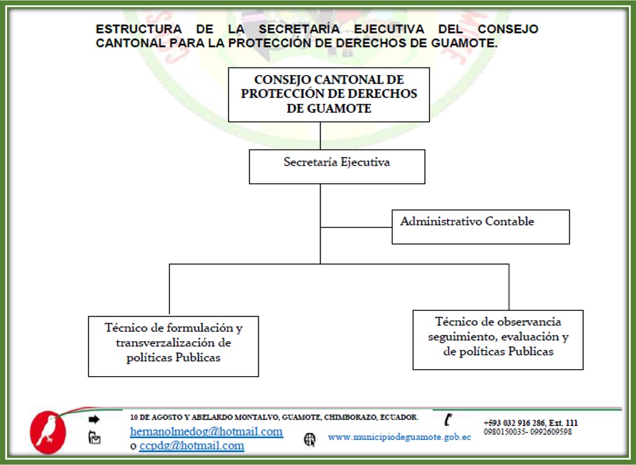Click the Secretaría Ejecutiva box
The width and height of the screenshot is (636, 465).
coord(337,166)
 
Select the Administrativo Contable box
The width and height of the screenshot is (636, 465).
coord(481,227)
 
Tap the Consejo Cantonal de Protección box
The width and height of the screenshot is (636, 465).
coord(329,95)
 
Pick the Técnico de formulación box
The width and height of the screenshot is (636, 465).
coord(173,346)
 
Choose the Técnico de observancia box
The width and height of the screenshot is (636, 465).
coord(498,340)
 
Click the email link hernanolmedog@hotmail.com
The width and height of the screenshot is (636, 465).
coord(207,431)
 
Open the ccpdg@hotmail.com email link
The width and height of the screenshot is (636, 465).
coord(192,446)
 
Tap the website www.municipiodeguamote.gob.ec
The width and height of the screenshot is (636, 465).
coord(400,437)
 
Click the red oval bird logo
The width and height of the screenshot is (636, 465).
coord(48,432)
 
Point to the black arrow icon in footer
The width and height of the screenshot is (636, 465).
coord(94,419)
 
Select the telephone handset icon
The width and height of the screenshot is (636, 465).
coord(448,420)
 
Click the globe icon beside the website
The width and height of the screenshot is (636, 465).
coord(310,439)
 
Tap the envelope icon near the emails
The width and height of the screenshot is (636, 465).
coord(94,438)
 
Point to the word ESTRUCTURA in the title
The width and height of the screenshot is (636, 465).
coord(138,29)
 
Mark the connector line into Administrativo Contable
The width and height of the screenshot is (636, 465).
coord(356,227)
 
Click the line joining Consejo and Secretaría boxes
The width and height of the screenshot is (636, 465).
coord(321,135)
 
